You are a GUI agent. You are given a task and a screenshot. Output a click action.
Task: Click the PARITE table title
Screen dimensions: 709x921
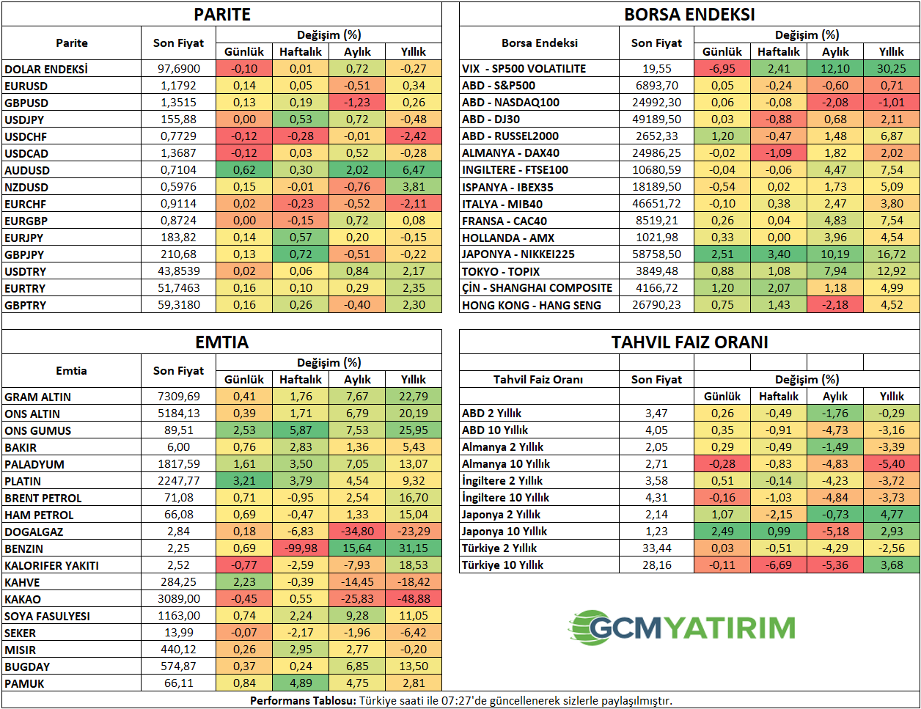click(x=221, y=15)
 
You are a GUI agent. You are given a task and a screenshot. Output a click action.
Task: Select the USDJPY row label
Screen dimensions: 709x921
click(x=24, y=120)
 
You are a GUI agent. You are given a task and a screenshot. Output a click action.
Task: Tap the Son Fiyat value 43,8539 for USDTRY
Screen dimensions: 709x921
click(x=179, y=271)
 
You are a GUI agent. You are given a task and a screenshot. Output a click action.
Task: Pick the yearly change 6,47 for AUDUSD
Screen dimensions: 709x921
click(x=414, y=170)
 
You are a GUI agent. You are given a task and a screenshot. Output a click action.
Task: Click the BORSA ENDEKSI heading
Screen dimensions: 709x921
click(x=689, y=15)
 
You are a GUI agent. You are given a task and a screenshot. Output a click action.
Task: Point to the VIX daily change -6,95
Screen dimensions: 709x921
click(x=722, y=69)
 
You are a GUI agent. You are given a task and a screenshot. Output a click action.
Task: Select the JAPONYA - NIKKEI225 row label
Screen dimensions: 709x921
click(x=518, y=254)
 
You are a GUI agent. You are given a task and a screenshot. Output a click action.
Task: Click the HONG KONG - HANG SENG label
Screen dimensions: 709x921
click(x=532, y=305)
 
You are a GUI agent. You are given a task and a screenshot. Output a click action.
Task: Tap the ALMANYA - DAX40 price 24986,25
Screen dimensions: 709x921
click(x=656, y=153)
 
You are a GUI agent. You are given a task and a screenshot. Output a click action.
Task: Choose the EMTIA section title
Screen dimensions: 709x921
click(x=221, y=342)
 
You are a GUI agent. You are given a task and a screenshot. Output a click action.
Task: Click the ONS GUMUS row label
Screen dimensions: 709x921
click(x=38, y=430)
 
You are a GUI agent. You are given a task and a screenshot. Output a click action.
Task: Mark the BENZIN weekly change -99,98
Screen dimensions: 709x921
click(x=301, y=548)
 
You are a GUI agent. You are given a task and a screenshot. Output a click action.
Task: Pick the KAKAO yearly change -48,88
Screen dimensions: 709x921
click(x=414, y=599)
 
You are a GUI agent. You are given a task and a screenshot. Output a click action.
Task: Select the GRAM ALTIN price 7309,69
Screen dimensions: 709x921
click(x=179, y=397)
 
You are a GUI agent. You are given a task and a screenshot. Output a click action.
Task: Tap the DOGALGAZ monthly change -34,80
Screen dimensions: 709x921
click(x=357, y=532)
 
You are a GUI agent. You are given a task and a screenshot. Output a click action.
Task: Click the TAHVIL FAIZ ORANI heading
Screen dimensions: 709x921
click(x=689, y=342)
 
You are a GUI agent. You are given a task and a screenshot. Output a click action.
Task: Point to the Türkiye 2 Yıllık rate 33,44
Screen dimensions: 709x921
click(x=656, y=548)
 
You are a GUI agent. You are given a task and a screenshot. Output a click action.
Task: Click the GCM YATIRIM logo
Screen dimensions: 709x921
click(x=682, y=628)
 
